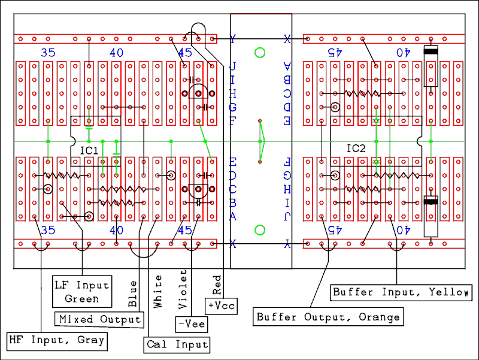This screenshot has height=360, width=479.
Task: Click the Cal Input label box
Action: [177, 344]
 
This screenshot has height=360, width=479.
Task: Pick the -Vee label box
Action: [190, 324]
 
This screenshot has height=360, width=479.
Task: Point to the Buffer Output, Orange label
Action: [328, 316]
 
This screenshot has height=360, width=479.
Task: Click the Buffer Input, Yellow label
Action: [401, 292]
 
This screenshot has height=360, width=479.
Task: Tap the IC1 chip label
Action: [89, 150]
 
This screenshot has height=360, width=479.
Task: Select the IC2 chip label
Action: [356, 147]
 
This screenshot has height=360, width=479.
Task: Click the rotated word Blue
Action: [132, 294]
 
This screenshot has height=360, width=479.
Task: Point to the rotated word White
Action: [158, 292]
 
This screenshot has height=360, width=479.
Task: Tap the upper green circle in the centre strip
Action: [260, 53]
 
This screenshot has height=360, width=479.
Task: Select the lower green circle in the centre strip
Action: [260, 230]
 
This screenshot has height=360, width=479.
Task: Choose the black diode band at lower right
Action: [431, 201]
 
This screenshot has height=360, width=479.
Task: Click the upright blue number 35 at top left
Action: [48, 53]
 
